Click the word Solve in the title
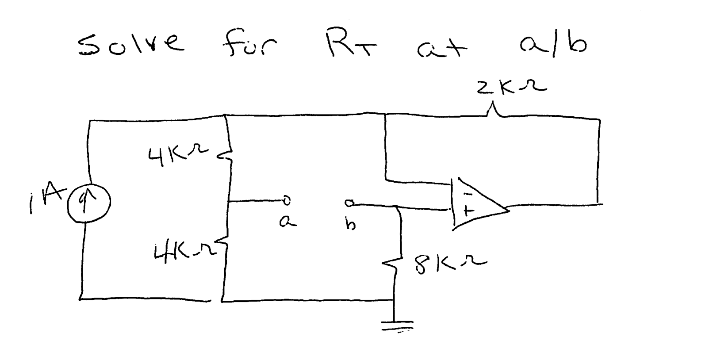[131, 46]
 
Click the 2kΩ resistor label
[511, 87]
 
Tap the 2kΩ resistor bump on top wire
[494, 111]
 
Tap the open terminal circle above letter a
[287, 201]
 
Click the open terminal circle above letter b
[349, 203]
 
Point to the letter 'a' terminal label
[287, 223]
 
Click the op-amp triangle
[478, 204]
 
